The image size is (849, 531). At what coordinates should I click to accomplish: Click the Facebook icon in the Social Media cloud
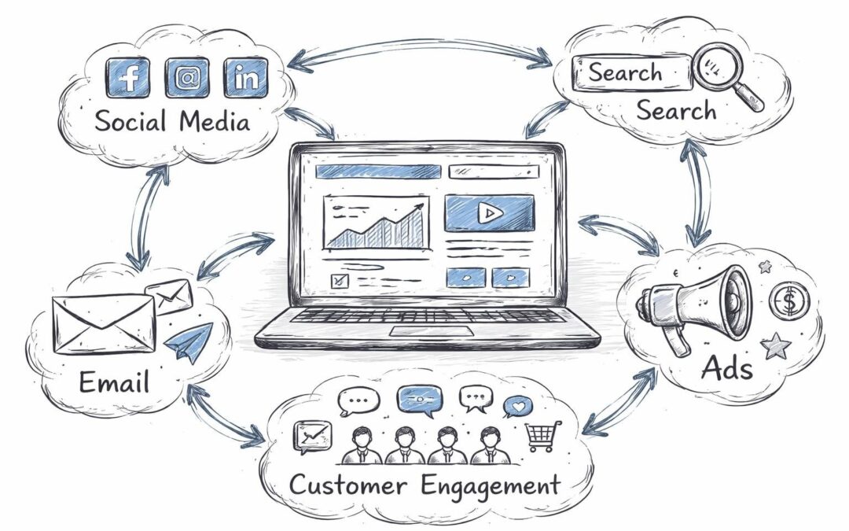(128, 77)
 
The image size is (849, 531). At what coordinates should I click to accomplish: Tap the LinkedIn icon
(246, 77)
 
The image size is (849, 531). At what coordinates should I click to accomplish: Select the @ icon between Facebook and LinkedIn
(187, 77)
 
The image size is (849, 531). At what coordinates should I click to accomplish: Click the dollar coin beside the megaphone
(785, 302)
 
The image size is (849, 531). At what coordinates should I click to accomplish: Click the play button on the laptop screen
(490, 212)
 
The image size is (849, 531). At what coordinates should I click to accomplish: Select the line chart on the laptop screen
(376, 223)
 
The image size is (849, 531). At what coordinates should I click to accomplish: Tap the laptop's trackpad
(431, 330)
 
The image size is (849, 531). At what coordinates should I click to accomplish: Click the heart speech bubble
(518, 406)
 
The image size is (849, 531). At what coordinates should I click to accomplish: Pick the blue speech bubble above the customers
(420, 399)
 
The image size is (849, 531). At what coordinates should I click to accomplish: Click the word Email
(114, 383)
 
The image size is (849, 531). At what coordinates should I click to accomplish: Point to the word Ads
(727, 367)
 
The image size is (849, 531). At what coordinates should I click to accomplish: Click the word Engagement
(491, 485)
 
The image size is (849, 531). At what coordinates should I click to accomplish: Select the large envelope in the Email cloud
(103, 323)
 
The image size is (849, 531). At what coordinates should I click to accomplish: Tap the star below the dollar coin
(777, 343)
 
